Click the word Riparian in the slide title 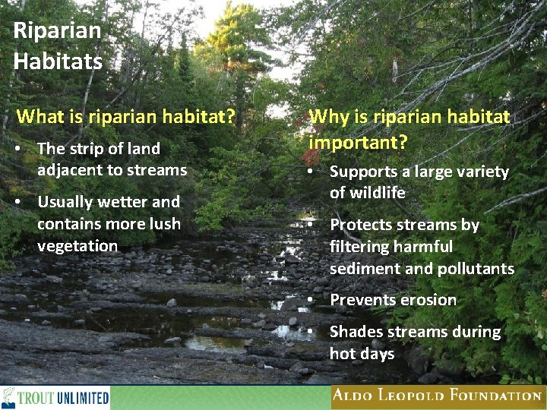(x=57, y=31)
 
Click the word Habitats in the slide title (x=58, y=61)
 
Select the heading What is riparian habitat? (x=125, y=117)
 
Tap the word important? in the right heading (x=358, y=143)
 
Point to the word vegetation (x=77, y=246)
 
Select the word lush (x=165, y=224)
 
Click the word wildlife (x=367, y=194)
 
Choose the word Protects (x=361, y=225)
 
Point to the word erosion (x=427, y=300)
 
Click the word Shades (x=356, y=332)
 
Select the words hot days (x=362, y=354)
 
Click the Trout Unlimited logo (x=55, y=397)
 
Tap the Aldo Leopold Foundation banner (x=438, y=396)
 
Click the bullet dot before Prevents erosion (x=311, y=300)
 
